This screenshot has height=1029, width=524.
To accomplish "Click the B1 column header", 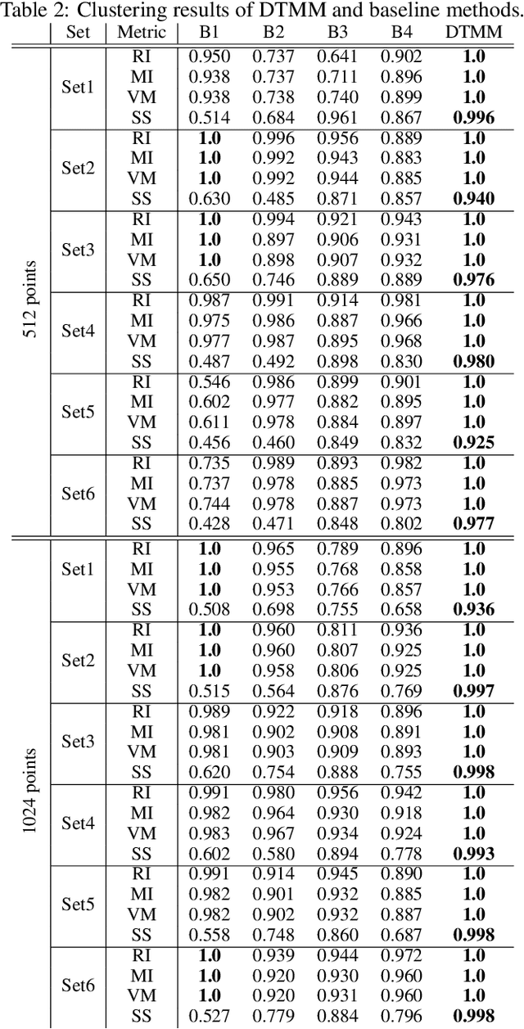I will point(209,33).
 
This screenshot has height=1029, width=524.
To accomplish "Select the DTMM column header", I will point(474,33).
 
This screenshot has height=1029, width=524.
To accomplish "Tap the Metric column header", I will point(142,33).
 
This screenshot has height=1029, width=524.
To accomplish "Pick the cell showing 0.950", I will point(210,57).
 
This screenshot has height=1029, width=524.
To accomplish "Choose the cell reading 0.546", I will point(210,381).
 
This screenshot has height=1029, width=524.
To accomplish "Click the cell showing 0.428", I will point(210,523).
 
